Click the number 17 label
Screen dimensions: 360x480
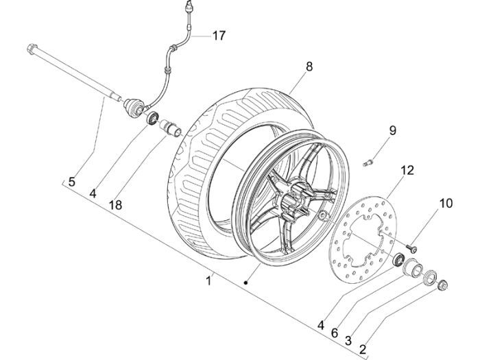tap(217, 36)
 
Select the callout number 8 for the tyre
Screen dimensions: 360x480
tap(309, 67)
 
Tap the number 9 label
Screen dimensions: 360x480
tap(392, 130)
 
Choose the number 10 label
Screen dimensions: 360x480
tap(446, 203)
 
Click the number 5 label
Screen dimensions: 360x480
tap(71, 182)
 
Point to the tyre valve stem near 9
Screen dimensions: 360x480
tap(366, 163)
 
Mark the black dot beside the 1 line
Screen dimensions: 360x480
tap(245, 282)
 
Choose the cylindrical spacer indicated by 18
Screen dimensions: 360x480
tap(169, 127)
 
